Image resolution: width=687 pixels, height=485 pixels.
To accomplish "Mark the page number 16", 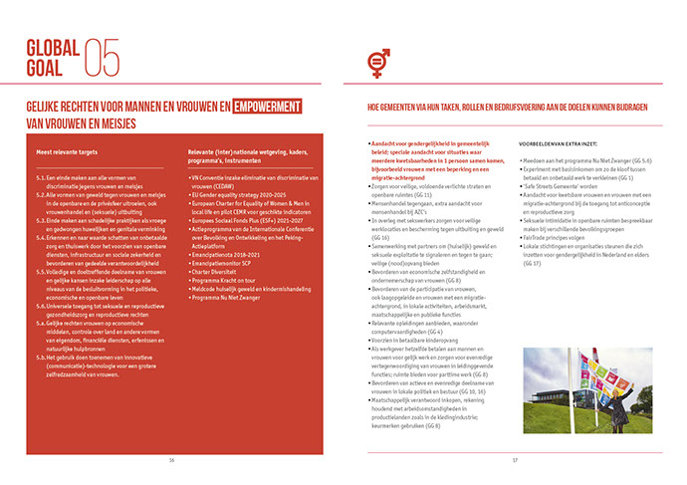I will (x=171, y=459).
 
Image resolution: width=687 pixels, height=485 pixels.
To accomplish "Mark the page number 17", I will (x=515, y=459).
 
